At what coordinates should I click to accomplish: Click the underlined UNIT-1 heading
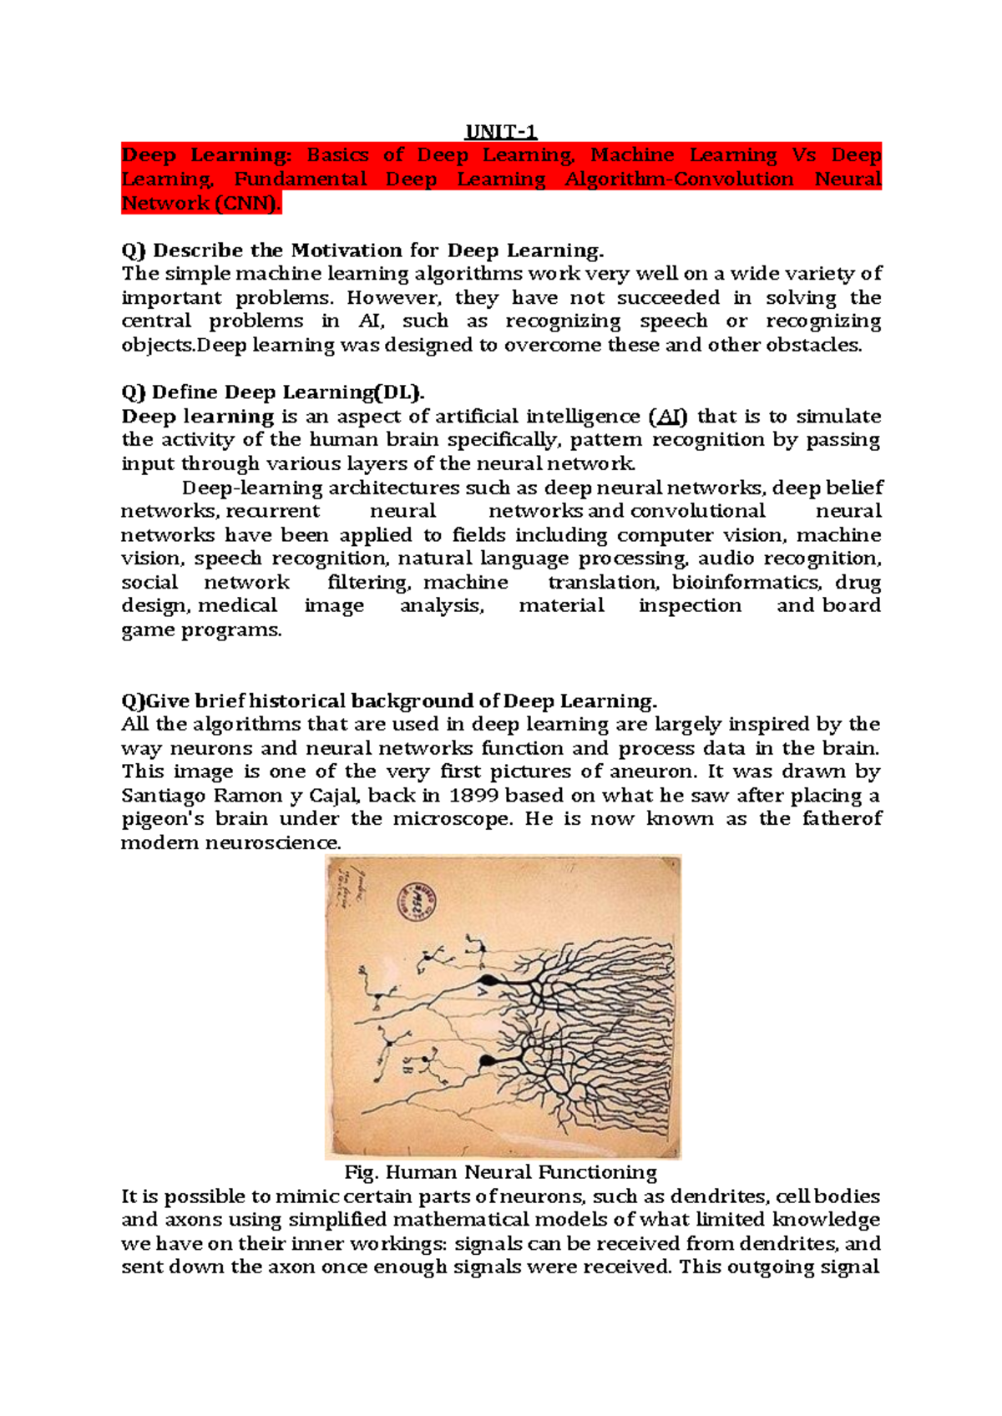500,132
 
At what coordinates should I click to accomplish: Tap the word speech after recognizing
673,321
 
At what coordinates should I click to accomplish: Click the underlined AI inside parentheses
668,417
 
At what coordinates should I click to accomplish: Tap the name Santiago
164,796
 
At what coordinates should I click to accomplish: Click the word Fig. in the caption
361,1172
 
